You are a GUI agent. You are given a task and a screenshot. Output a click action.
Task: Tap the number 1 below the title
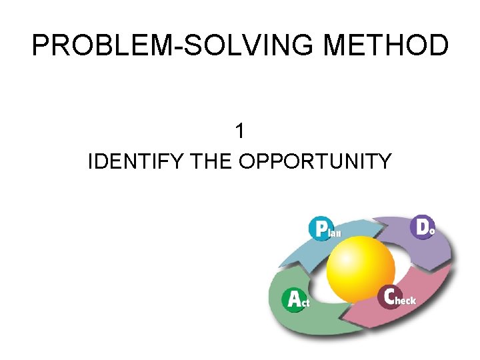click(240, 131)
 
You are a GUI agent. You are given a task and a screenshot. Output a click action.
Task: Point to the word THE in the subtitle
click(211, 161)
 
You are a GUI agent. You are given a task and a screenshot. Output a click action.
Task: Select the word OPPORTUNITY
click(315, 161)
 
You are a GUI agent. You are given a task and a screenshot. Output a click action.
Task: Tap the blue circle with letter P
click(321, 229)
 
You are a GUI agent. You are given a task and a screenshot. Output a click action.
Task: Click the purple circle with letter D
click(423, 227)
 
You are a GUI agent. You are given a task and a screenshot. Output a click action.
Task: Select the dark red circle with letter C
click(389, 297)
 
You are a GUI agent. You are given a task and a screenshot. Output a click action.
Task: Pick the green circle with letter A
click(294, 299)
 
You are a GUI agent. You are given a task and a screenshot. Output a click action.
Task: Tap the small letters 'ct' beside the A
click(305, 303)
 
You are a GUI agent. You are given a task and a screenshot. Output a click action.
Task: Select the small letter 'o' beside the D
click(432, 231)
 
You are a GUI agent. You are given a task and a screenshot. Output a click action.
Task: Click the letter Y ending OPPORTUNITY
click(385, 161)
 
